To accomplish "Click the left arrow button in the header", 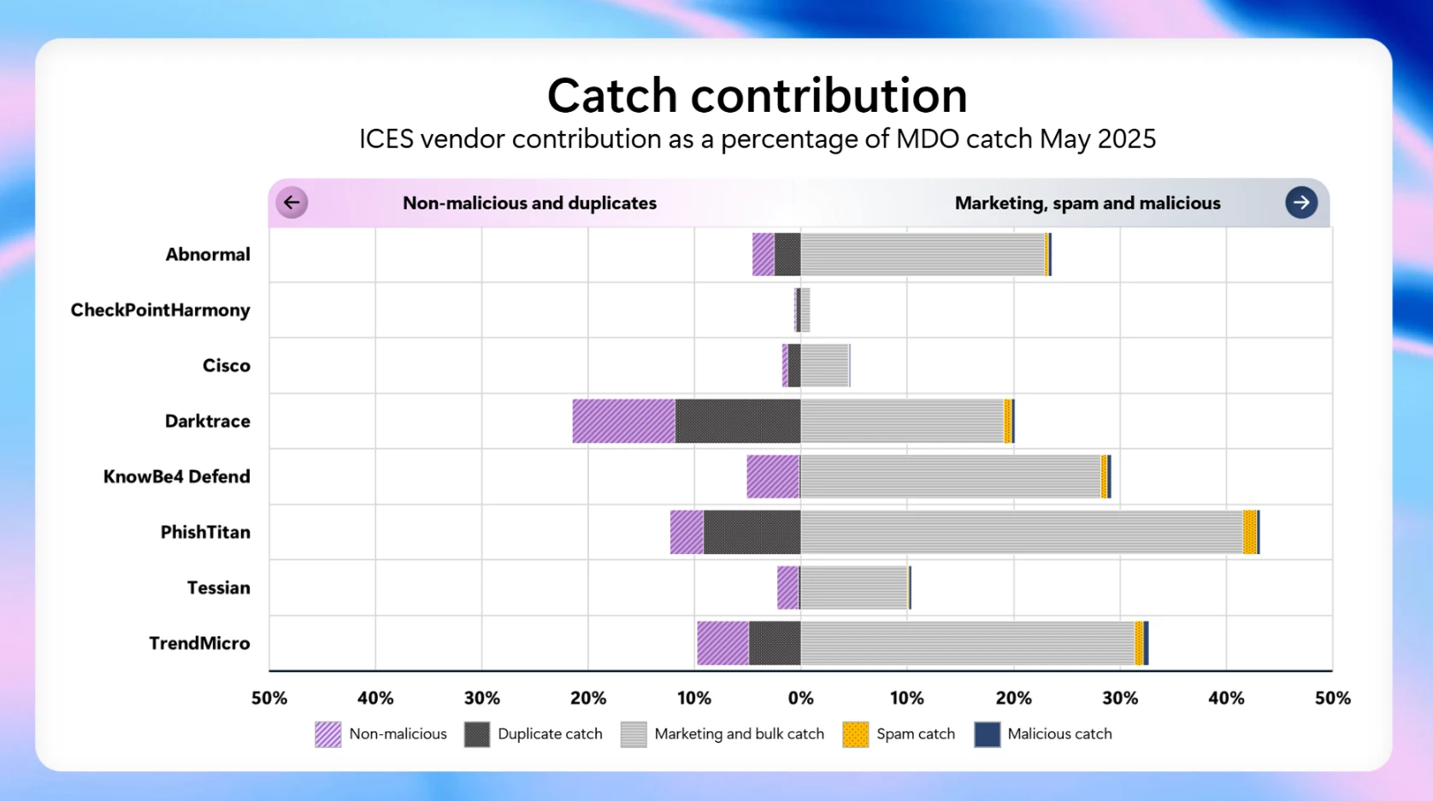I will (x=292, y=203).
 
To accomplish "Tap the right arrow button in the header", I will (x=1300, y=203).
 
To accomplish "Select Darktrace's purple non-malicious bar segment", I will (x=623, y=421).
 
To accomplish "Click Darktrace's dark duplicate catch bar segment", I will (x=737, y=421).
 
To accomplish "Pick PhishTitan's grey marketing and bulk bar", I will (x=1021, y=532).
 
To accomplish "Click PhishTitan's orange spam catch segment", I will (x=1249, y=532).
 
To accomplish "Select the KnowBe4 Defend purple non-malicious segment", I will (x=773, y=476).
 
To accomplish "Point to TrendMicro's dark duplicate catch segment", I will (x=775, y=643).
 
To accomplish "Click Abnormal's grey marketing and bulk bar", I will (x=922, y=254).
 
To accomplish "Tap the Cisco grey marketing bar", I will (x=824, y=365).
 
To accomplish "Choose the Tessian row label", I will (x=218, y=587).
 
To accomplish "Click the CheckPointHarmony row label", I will (x=160, y=309).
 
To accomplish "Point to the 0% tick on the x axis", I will (x=800, y=698).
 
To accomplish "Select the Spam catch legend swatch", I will (x=855, y=734).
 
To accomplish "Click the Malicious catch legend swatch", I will (x=987, y=734).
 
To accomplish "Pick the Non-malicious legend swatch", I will (x=327, y=734).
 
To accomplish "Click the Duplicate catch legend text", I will (x=549, y=734).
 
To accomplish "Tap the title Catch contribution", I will (x=757, y=95).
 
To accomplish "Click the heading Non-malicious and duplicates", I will (x=529, y=203).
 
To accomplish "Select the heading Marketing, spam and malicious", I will (x=1087, y=203).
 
